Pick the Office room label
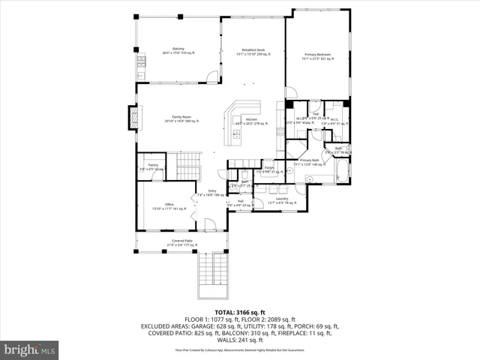pos(168,206)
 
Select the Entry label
pos(212,193)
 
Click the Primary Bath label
pos(310,161)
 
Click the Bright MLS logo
pos(30,349)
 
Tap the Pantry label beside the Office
pos(152,166)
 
